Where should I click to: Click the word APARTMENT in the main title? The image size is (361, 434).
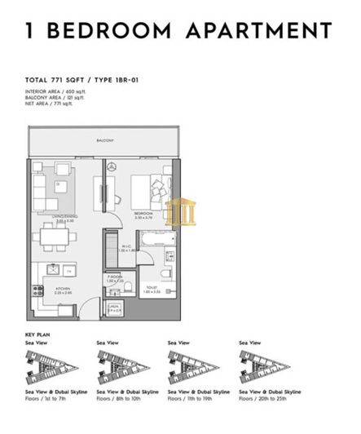261,31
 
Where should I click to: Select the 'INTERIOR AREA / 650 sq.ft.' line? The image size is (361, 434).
59,91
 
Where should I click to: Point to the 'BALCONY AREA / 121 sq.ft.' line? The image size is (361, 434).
58,98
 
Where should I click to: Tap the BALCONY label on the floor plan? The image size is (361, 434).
104,141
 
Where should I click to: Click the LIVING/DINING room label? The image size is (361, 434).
54,219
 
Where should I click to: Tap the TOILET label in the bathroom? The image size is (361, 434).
152,288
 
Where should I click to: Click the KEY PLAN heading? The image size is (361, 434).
37,334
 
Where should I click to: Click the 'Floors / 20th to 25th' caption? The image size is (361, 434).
262,400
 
